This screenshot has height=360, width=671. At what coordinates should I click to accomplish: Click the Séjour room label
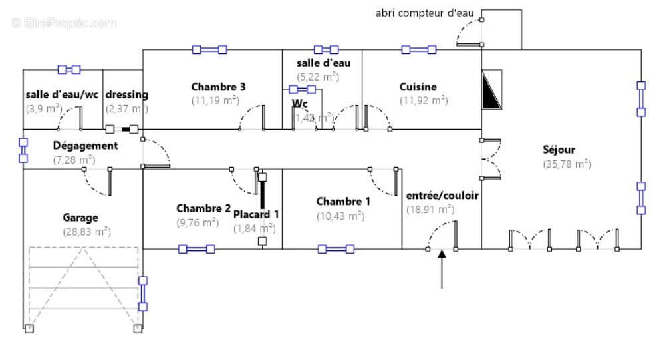[x=558, y=150]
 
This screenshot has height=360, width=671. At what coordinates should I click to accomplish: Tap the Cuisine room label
[x=418, y=87]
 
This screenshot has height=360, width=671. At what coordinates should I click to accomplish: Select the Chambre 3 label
[x=218, y=87]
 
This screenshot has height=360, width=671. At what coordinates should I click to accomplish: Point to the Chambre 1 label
[x=343, y=202]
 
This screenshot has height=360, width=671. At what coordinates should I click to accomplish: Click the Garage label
[x=80, y=218]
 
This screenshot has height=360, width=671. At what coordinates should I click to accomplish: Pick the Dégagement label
[x=85, y=146]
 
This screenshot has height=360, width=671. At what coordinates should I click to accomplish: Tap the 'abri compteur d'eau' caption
[x=424, y=13]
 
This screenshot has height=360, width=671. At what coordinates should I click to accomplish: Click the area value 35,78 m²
[x=567, y=164]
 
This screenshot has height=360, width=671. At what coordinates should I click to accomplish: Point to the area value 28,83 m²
[x=86, y=232]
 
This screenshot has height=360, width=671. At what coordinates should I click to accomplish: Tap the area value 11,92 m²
[x=423, y=100]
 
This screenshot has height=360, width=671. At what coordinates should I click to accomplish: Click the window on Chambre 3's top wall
[x=209, y=49]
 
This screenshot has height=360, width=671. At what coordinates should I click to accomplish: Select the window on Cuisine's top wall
[x=418, y=49]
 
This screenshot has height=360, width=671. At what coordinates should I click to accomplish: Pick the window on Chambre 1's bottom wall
[x=336, y=249]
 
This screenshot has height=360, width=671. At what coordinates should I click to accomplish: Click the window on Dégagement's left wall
[x=23, y=150]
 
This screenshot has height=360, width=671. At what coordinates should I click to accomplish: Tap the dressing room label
[x=126, y=95]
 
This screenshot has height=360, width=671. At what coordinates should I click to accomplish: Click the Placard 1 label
[x=255, y=214]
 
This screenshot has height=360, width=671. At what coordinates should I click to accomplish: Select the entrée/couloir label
[x=442, y=196]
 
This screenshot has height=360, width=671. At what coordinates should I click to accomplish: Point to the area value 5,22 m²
[x=317, y=77]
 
